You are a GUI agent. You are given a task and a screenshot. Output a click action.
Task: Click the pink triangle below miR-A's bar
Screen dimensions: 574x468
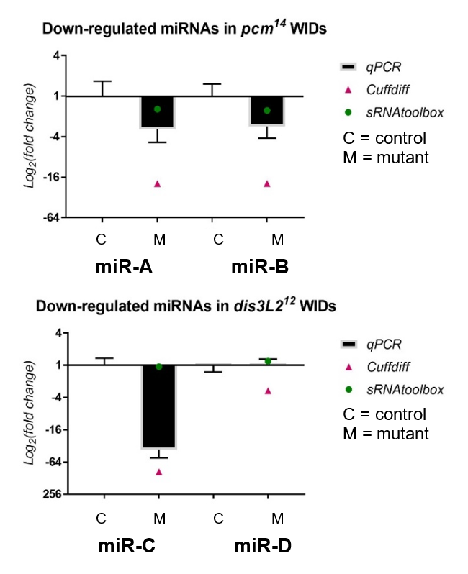pos(158,183)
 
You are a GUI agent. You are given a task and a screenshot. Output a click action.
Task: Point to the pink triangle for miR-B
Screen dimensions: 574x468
pos(267,183)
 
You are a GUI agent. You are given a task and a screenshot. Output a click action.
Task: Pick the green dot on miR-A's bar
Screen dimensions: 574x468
pos(158,109)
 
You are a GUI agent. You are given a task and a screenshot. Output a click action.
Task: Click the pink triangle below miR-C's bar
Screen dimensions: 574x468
pos(158,472)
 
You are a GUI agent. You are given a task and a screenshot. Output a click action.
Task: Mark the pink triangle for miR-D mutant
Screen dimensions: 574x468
pos(268,391)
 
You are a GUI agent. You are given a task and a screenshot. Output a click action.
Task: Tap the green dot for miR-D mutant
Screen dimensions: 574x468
pos(268,361)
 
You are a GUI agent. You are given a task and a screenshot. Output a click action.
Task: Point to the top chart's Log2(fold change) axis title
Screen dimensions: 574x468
pos(30,136)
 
